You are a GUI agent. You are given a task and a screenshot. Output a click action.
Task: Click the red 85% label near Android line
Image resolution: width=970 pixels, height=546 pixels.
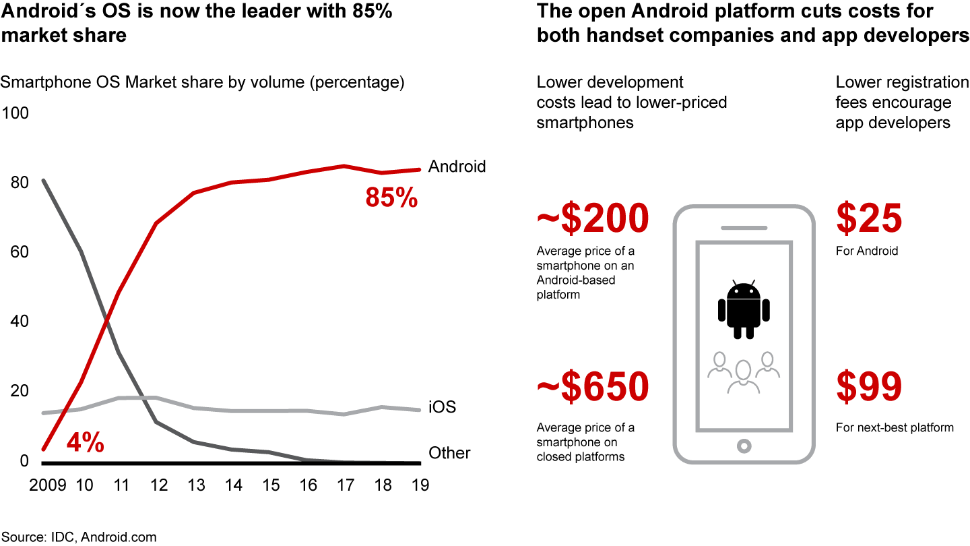tap(391, 198)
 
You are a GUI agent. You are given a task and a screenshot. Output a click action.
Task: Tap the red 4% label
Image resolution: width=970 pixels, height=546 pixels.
tap(85, 443)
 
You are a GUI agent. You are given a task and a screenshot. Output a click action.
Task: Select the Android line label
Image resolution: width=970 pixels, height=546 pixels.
tap(457, 166)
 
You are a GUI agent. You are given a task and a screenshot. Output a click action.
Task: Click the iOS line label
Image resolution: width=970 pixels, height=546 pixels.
tap(442, 407)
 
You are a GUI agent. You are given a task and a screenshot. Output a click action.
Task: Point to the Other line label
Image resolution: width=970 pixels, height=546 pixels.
tap(449, 453)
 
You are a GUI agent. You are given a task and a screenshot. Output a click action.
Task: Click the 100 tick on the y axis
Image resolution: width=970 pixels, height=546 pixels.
tap(15, 113)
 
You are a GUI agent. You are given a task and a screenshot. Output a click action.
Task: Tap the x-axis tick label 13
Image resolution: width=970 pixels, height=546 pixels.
tap(196, 485)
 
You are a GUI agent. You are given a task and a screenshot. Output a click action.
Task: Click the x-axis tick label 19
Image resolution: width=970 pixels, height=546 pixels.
tap(420, 485)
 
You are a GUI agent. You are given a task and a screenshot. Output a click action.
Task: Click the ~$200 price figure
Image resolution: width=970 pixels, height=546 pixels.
tap(592, 218)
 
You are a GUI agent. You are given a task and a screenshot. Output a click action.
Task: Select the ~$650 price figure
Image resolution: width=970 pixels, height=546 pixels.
tap(592, 387)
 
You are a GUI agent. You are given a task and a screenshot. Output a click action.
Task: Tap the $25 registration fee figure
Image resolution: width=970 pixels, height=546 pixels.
tap(869, 218)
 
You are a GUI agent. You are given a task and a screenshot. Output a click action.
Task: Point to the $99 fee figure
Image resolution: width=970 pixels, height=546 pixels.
tap(869, 387)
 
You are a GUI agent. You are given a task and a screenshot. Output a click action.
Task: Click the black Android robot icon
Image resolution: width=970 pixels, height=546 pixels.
tap(743, 309)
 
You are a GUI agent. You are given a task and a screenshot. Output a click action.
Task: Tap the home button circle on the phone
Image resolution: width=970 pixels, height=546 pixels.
tap(744, 446)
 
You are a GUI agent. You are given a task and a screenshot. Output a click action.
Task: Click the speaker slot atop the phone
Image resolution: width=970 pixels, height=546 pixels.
tap(744, 227)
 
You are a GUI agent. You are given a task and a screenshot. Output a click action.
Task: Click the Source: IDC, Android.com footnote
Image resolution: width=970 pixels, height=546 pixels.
tap(78, 537)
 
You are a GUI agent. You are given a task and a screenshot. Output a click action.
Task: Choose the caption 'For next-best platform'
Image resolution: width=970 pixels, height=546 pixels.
tap(895, 427)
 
